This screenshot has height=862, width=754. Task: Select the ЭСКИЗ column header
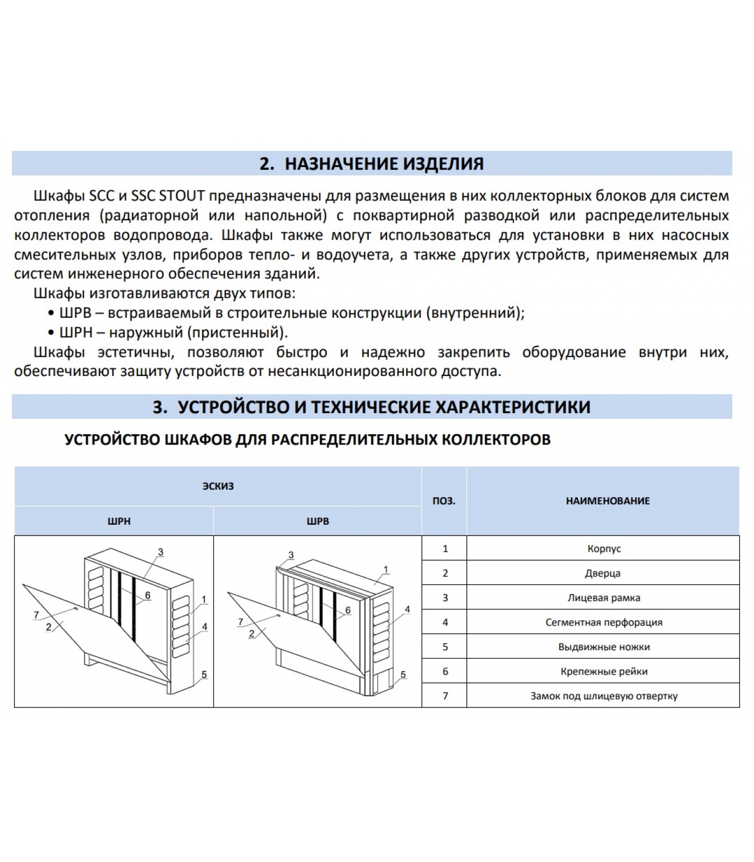pos(218,486)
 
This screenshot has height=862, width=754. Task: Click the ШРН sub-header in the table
pos(119,521)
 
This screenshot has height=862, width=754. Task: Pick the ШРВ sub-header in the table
pos(318,521)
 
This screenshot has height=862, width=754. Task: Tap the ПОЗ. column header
pos(444,501)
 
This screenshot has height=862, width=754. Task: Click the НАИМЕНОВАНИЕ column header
pos(608,501)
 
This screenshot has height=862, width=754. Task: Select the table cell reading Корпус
pos(604,548)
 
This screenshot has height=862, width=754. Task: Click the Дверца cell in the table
pos(603,573)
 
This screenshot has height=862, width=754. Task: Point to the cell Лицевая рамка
pos(604,598)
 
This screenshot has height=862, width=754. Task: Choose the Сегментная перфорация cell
pos(604,622)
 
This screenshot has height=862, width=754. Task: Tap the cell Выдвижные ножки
pos(604,647)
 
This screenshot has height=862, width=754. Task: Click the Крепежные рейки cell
pos(604,672)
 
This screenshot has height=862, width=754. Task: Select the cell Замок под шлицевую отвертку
pos(604,696)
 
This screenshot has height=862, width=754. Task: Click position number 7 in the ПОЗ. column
pos(445,696)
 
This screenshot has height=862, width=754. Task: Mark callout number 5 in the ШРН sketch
pos(204,675)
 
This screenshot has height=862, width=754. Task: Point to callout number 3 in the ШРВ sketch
pos(291,555)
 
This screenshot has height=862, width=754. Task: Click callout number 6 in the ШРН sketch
pos(148,596)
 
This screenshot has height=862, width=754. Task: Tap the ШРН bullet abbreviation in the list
pos(76,332)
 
